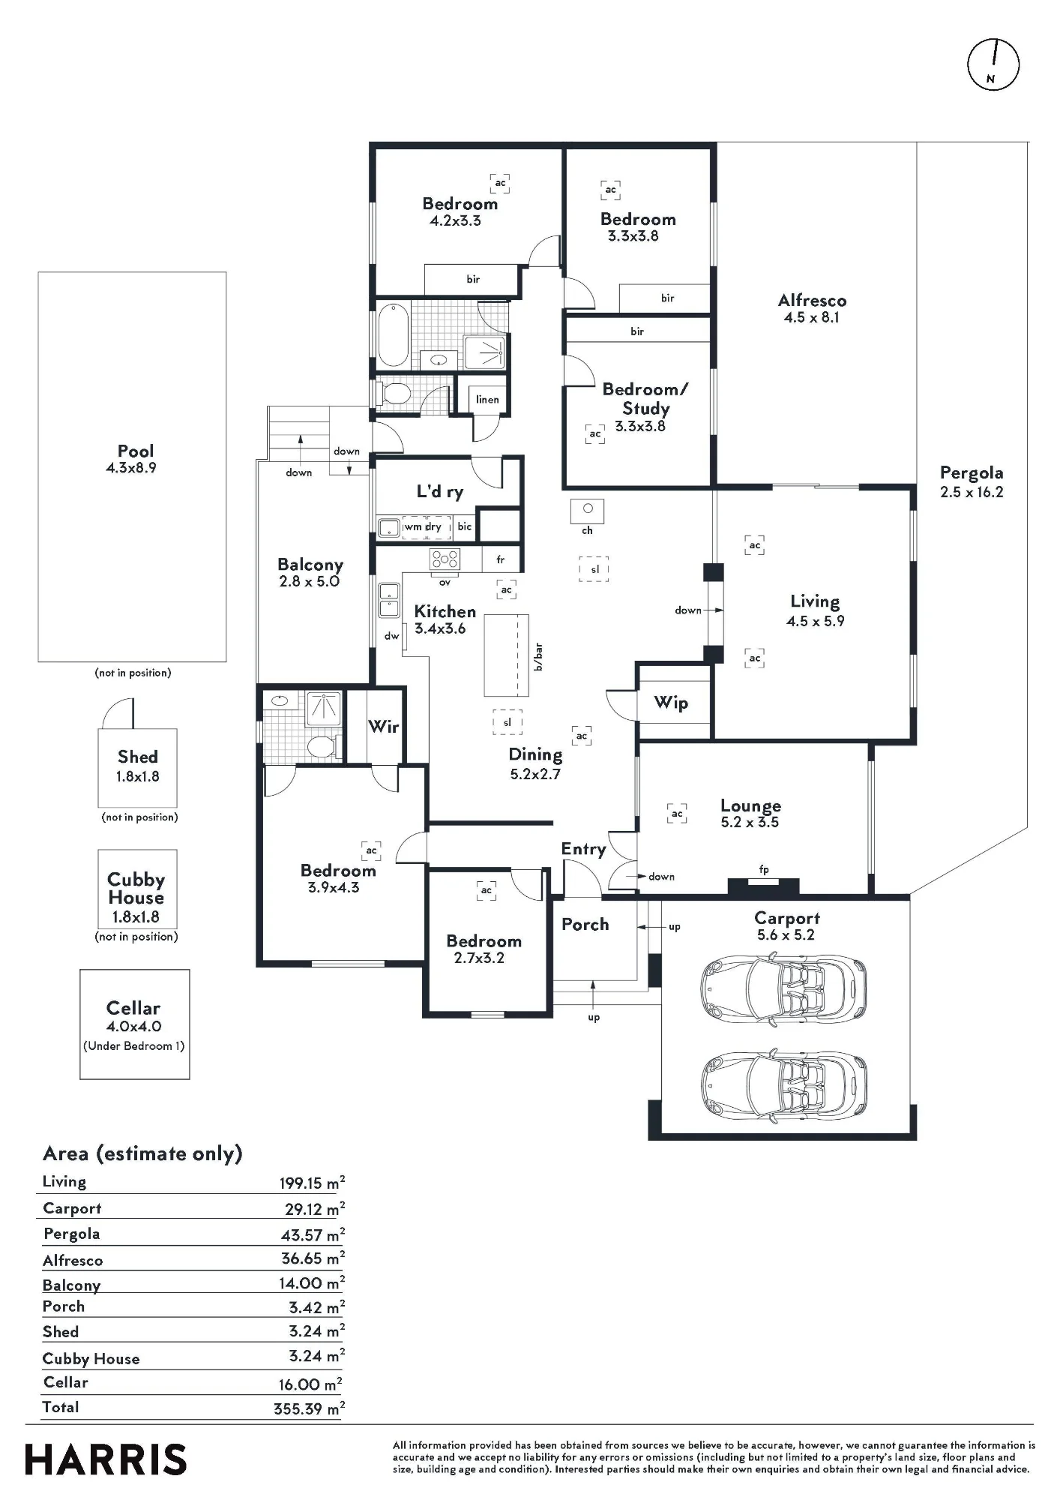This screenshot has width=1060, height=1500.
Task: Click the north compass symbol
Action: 993,64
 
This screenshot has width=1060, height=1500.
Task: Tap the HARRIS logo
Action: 106,1459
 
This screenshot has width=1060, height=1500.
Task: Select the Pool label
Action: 136,451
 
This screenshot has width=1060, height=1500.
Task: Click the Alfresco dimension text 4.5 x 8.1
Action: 812,317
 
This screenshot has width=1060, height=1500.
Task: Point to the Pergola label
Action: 972,473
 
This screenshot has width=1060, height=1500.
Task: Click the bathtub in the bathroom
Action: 393,334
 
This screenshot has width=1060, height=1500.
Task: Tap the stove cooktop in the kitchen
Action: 445,559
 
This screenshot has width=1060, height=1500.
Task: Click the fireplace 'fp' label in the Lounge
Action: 764,870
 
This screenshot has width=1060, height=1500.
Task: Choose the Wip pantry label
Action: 671,703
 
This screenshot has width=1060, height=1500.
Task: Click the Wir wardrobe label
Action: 384,726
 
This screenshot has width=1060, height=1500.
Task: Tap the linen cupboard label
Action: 487,399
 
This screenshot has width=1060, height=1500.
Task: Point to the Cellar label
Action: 133,1008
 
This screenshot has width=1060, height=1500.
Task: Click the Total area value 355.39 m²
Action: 310,1408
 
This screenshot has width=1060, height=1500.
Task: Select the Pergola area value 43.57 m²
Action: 313,1234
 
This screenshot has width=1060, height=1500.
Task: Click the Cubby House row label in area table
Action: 91,1359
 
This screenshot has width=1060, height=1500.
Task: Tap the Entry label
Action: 583,849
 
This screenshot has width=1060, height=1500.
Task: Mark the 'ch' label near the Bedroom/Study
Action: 587,530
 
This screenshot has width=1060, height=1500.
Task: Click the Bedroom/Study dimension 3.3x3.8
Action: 640,426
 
